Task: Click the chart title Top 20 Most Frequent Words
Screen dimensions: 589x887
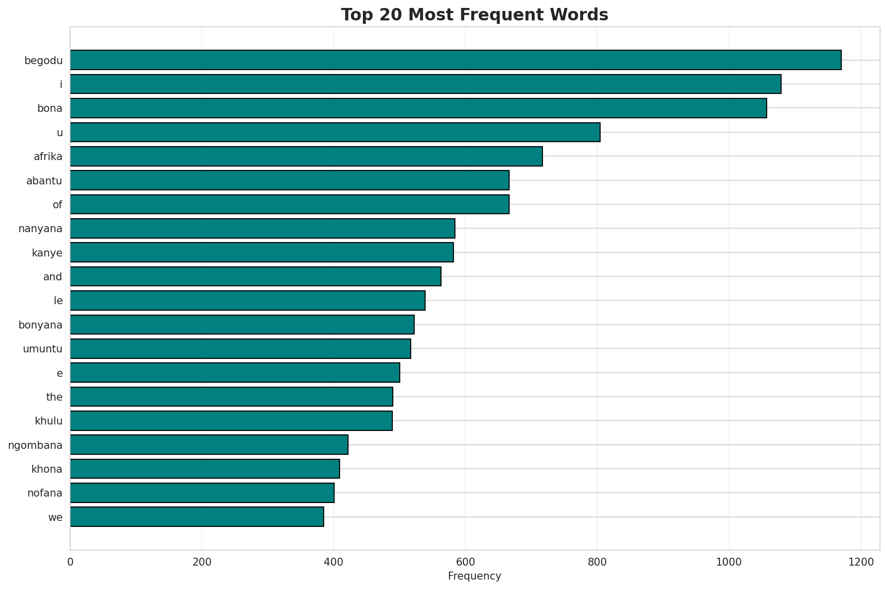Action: pyautogui.click(x=474, y=15)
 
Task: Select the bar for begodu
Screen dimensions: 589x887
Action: pyautogui.click(x=455, y=60)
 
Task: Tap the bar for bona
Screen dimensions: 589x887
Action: pyautogui.click(x=418, y=108)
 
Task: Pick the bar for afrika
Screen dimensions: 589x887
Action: pyautogui.click(x=306, y=156)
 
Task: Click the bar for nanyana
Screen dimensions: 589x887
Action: pyautogui.click(x=263, y=228)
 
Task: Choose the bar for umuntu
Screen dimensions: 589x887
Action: pyautogui.click(x=240, y=348)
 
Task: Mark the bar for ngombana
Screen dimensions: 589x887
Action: pyautogui.click(x=209, y=444)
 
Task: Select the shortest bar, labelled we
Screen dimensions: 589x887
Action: pyautogui.click(x=197, y=516)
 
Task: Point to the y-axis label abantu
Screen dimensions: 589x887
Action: pyautogui.click(x=44, y=180)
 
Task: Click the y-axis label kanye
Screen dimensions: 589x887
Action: pyautogui.click(x=47, y=252)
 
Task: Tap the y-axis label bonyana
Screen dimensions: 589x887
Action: pyautogui.click(x=40, y=325)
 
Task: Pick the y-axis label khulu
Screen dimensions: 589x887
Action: pyautogui.click(x=49, y=421)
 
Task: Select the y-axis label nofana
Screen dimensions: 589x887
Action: pyautogui.click(x=45, y=493)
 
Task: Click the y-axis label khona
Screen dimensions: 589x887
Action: pyautogui.click(x=47, y=469)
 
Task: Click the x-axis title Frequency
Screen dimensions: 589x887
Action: pyautogui.click(x=474, y=576)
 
